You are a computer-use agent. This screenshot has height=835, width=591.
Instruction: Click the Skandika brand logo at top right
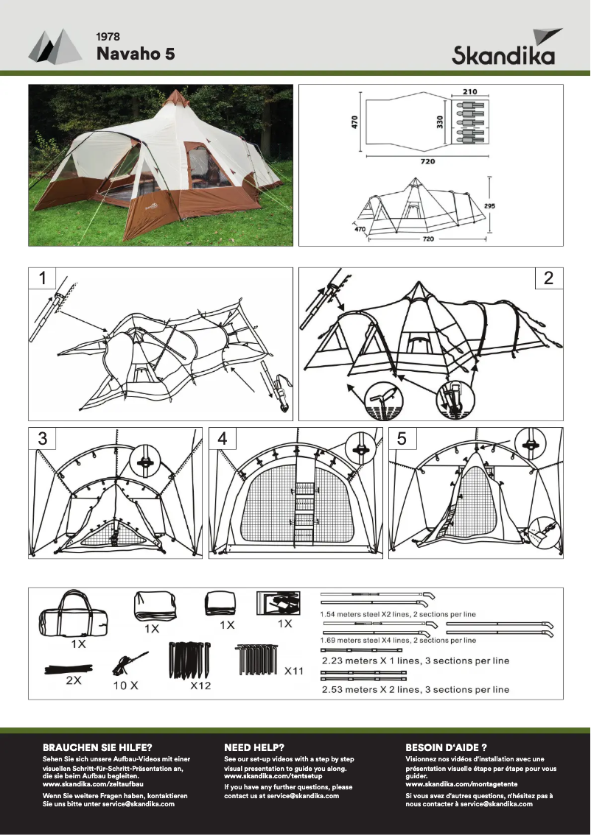click(x=503, y=49)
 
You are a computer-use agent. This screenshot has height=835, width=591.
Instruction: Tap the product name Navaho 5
click(x=136, y=54)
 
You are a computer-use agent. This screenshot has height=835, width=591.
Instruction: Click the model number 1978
click(x=108, y=36)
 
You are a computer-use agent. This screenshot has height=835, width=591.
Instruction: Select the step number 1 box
click(x=43, y=278)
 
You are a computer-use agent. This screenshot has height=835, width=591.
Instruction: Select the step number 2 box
click(x=548, y=278)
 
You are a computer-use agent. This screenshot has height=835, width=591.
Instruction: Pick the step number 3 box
click(x=43, y=438)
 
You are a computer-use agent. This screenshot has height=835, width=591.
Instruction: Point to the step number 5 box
click(x=402, y=438)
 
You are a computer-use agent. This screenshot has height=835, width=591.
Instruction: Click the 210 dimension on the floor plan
click(x=470, y=92)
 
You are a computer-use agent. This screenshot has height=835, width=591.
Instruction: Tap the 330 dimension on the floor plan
click(x=440, y=121)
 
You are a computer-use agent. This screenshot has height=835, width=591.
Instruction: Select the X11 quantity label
click(x=295, y=671)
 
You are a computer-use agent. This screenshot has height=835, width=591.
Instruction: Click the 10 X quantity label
click(x=125, y=685)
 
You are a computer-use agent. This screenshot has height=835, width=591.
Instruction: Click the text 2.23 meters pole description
click(x=416, y=660)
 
